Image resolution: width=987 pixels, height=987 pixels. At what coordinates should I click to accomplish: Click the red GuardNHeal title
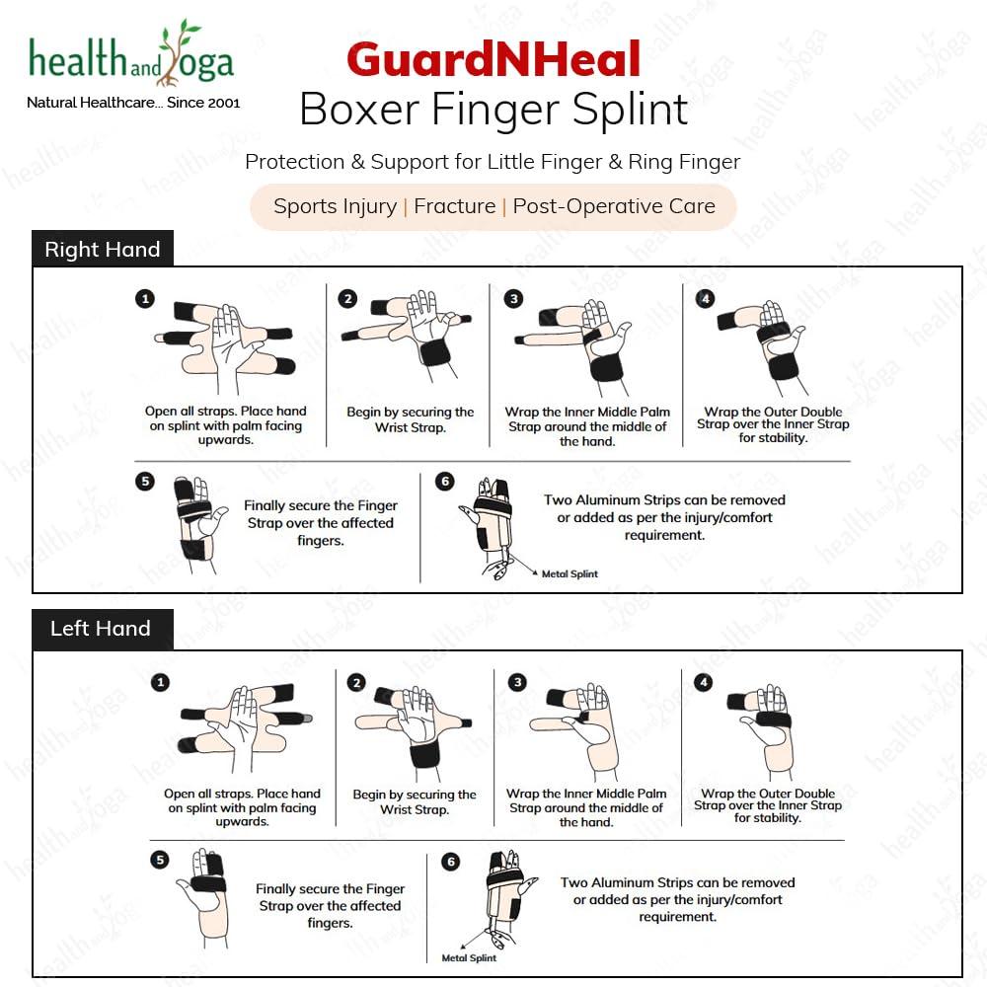493,60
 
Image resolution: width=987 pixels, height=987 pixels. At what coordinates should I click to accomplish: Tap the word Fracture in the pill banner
455,206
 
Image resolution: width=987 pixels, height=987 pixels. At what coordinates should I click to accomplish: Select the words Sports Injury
335,206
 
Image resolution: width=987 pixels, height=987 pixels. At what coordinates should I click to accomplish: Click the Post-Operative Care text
614,206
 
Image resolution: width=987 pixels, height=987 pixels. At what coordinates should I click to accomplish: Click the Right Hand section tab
103,250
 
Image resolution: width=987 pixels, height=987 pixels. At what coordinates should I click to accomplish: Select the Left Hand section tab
101,629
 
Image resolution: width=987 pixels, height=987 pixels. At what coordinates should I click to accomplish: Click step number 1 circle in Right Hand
145,298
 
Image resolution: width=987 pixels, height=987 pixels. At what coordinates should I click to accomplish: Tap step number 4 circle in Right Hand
704,298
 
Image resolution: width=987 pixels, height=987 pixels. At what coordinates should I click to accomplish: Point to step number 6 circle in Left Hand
451,862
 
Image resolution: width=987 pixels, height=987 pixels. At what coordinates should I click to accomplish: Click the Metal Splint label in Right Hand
569,573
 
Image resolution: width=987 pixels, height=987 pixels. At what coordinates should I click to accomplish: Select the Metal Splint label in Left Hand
469,957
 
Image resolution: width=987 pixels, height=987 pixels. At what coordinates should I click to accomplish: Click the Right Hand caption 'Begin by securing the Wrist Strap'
410,419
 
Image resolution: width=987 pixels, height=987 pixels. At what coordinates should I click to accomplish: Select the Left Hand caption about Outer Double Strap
768,805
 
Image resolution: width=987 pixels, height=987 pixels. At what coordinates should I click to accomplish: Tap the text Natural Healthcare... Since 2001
133,103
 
